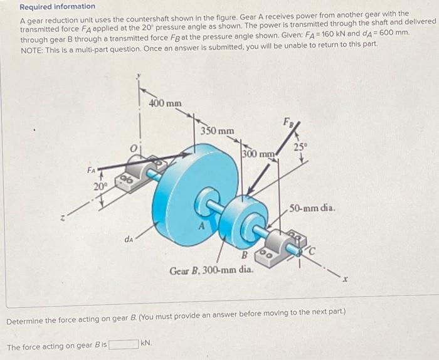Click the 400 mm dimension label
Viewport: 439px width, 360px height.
166,102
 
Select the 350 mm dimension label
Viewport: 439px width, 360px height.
217,131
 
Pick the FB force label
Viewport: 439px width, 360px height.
288,121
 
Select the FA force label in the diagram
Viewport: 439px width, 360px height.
92,169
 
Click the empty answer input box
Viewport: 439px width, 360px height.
124,344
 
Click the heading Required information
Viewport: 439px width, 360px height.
57,7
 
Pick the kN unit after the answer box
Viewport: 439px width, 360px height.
147,344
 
